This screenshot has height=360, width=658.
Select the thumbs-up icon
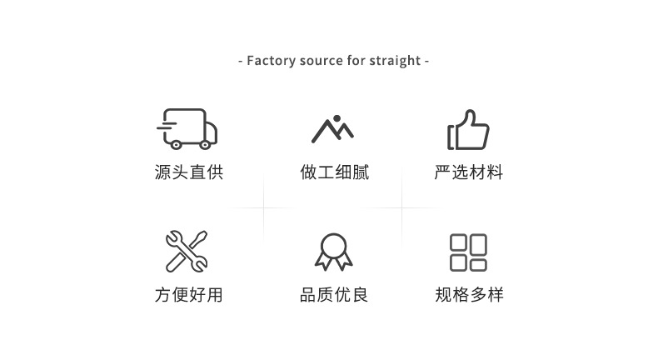[x=468, y=130]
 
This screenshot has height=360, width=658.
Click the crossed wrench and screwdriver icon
[x=187, y=251]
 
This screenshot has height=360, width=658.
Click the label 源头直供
[x=189, y=172]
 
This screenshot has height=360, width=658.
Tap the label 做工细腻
[x=335, y=172]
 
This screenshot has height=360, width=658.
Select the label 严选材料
[x=469, y=172]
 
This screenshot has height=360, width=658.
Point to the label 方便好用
[x=189, y=294]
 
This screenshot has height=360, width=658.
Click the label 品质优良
[x=334, y=294]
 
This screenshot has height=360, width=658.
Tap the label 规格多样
[x=469, y=294]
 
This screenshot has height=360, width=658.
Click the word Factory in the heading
[x=271, y=61]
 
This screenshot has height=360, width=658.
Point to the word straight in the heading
[x=395, y=62]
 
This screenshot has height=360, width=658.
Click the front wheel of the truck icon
[x=205, y=145]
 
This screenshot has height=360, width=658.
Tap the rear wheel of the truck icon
[x=177, y=145]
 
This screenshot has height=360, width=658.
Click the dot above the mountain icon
[x=336, y=118]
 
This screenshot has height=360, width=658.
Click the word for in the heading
[x=356, y=61]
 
